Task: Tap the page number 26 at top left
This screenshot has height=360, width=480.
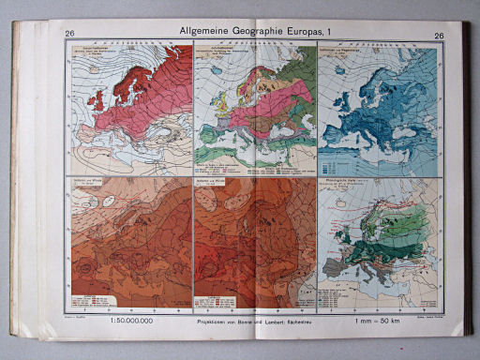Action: pos(70,36)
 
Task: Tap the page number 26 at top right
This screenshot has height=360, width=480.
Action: pos(439,36)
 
